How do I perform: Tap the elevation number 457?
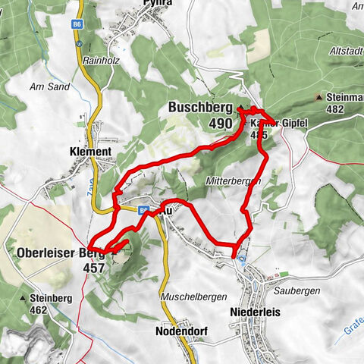pyautogui.click(x=93, y=268)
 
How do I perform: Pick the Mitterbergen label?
pyautogui.click(x=232, y=181)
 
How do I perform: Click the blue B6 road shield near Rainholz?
pyautogui.click(x=78, y=44)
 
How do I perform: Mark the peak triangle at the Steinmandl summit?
pyautogui.click(x=318, y=98)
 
